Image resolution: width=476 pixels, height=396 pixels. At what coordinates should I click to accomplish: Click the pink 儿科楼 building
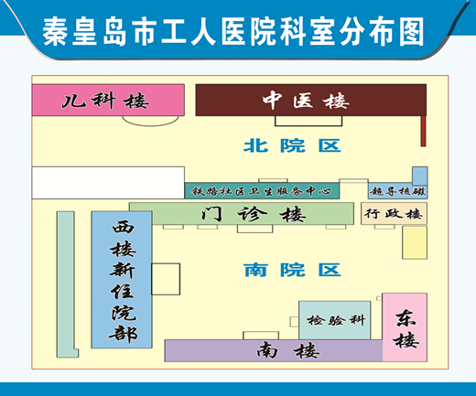click(108, 100)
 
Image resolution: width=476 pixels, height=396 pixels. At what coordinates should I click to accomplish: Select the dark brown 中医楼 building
click(311, 100)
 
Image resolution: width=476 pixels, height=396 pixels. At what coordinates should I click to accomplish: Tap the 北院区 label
click(292, 145)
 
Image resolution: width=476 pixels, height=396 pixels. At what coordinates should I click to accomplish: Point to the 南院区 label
click(292, 270)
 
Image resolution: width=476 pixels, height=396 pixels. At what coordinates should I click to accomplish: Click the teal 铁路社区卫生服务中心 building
click(262, 191)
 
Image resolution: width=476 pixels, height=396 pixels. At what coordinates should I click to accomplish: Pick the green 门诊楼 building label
click(254, 214)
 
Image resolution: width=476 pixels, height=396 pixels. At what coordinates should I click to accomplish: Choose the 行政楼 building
click(394, 214)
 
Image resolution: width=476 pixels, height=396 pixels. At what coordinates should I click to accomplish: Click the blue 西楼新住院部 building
click(122, 280)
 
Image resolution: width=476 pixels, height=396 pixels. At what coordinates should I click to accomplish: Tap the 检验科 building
click(335, 320)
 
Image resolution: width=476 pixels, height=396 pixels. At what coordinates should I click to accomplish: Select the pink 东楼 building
click(405, 327)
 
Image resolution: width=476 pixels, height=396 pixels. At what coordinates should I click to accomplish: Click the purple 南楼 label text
click(288, 351)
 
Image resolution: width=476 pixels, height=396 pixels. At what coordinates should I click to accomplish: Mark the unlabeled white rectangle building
click(108, 183)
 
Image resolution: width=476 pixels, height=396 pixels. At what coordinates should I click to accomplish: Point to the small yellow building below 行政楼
click(415, 242)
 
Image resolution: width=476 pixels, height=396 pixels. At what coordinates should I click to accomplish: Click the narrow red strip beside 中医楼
click(424, 131)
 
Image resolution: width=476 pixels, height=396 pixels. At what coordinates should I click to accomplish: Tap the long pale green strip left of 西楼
click(66, 284)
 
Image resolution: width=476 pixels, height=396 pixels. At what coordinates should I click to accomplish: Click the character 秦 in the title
click(55, 32)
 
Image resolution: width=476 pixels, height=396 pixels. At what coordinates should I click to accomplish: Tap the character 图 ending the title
click(412, 32)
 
